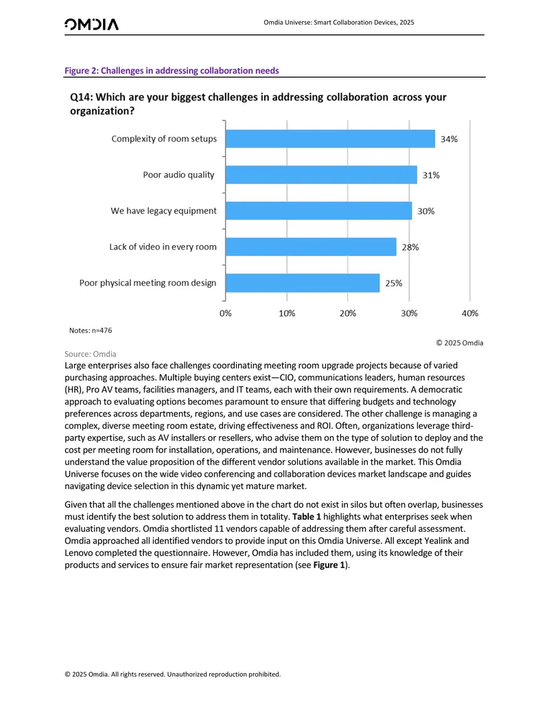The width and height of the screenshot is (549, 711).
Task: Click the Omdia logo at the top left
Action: [91, 24]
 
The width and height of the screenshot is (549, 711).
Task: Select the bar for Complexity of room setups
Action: [330, 139]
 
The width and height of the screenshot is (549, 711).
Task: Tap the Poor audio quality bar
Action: [321, 174]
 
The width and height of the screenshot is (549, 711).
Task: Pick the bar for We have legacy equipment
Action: [319, 211]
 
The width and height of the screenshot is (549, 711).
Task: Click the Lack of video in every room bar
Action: [311, 247]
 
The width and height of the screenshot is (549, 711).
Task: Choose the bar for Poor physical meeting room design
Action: [303, 283]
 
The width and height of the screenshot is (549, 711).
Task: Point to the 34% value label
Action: [449, 139]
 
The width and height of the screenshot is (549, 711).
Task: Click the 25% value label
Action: [394, 284]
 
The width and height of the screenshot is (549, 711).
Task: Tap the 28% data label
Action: [410, 247]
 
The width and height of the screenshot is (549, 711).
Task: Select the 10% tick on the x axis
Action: [287, 313]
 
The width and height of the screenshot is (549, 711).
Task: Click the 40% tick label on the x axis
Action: [469, 313]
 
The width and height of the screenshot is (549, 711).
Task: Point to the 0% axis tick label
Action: [226, 313]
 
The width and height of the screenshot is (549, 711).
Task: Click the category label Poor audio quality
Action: [178, 174]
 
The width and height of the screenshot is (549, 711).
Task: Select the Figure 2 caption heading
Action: [172, 71]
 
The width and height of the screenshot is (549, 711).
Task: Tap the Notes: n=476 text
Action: [91, 330]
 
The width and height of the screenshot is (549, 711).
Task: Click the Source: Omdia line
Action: [90, 354]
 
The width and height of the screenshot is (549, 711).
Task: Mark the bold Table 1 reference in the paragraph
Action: [307, 517]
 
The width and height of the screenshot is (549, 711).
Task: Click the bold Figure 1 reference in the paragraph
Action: [329, 565]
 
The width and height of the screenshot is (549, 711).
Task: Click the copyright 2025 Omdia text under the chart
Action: [460, 343]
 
